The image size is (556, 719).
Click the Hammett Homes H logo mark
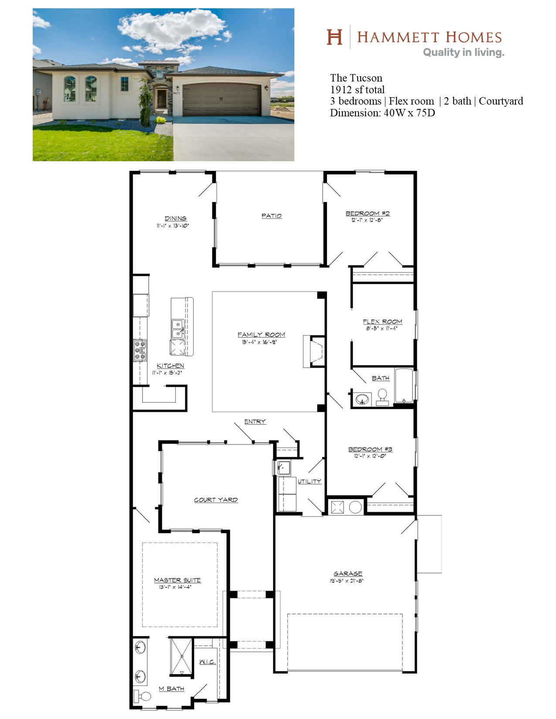coord(334,37)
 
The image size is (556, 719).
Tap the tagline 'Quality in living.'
coord(464,53)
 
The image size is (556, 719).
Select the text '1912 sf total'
coord(357,89)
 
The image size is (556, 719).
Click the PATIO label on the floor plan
coord(272,216)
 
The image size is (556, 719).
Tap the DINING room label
coord(175,218)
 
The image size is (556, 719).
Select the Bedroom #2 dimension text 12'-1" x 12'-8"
coord(367,220)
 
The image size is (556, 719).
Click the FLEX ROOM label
coord(382,322)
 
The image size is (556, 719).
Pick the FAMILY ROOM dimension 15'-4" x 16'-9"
coord(259,342)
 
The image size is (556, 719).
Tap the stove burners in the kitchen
coord(140,350)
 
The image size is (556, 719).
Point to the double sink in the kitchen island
coord(178,329)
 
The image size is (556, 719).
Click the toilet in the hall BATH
coord(382,397)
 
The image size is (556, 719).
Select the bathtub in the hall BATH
coord(404,386)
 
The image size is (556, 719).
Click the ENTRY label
coord(255,421)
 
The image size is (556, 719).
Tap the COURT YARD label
coord(216,500)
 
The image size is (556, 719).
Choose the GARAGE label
coord(348,573)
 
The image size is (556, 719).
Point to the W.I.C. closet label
coord(208,662)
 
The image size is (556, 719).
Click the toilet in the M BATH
coord(142,696)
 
